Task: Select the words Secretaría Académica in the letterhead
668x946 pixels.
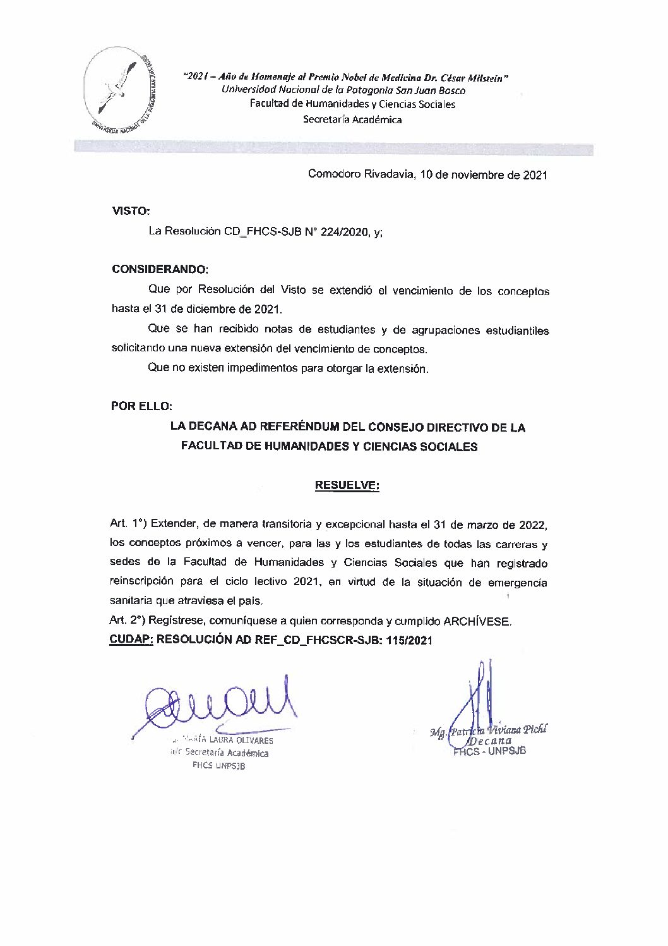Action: pyautogui.click(x=352, y=119)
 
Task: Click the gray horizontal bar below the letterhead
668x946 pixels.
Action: pyautogui.click(x=333, y=149)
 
